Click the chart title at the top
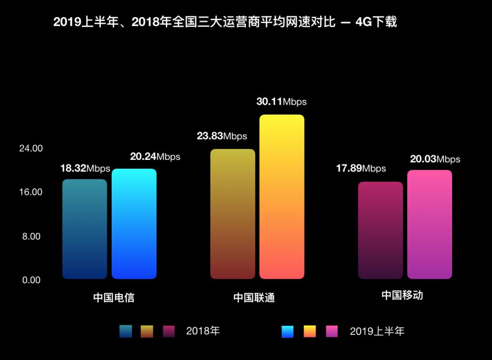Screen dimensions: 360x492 pyautogui.click(x=225, y=22)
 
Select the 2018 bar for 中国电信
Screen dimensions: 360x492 pyautogui.click(x=85, y=229)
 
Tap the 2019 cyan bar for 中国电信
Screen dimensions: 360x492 pyautogui.click(x=134, y=224)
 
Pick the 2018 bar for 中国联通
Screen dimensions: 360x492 pyautogui.click(x=233, y=214)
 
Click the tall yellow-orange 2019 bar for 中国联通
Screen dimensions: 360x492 pyautogui.click(x=282, y=197)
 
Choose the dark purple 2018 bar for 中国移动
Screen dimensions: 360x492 pyautogui.click(x=380, y=230)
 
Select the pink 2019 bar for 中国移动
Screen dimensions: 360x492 pyautogui.click(x=430, y=224)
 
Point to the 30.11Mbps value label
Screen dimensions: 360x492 pyautogui.click(x=281, y=102)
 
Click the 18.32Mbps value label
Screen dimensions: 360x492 pyautogui.click(x=85, y=168)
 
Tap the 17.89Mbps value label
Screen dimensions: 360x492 pyautogui.click(x=361, y=169)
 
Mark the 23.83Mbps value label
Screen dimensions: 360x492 pyautogui.click(x=222, y=136)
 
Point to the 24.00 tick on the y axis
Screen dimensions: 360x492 pyautogui.click(x=31, y=149)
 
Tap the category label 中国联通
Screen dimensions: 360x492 pyautogui.click(x=254, y=298)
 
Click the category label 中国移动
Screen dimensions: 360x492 pyautogui.click(x=402, y=295)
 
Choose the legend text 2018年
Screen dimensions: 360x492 pyautogui.click(x=203, y=331)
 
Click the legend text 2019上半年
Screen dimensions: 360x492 pyautogui.click(x=377, y=331)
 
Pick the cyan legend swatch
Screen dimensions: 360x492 pyautogui.click(x=287, y=331)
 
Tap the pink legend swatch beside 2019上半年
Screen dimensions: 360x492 pyautogui.click(x=332, y=331)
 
